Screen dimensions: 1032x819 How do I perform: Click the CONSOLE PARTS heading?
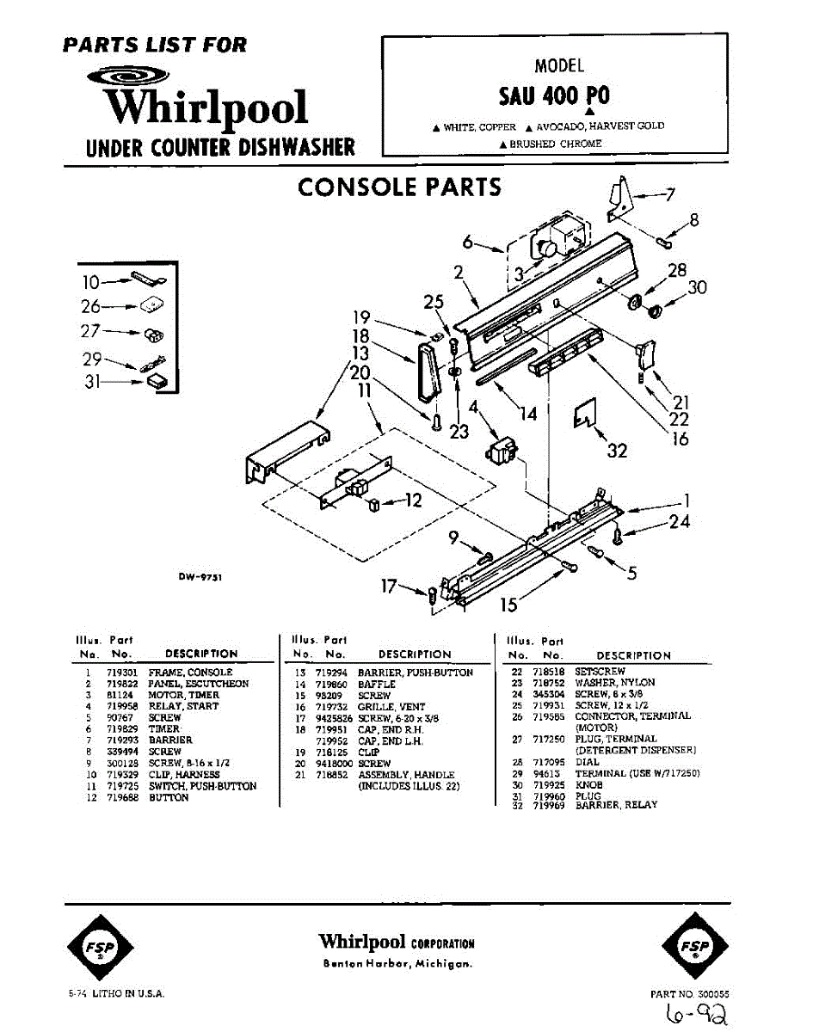pyautogui.click(x=399, y=187)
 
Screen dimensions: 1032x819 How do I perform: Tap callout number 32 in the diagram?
pyautogui.click(x=617, y=450)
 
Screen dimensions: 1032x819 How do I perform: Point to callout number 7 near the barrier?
pyautogui.click(x=670, y=195)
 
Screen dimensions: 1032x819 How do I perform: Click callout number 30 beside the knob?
pyautogui.click(x=696, y=287)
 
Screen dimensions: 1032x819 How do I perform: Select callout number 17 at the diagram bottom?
pyautogui.click(x=389, y=587)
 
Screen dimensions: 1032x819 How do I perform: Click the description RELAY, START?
pyautogui.click(x=183, y=706)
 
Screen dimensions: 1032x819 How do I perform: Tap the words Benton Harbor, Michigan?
pyautogui.click(x=397, y=964)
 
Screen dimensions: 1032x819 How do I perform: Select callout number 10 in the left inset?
pyautogui.click(x=91, y=281)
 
